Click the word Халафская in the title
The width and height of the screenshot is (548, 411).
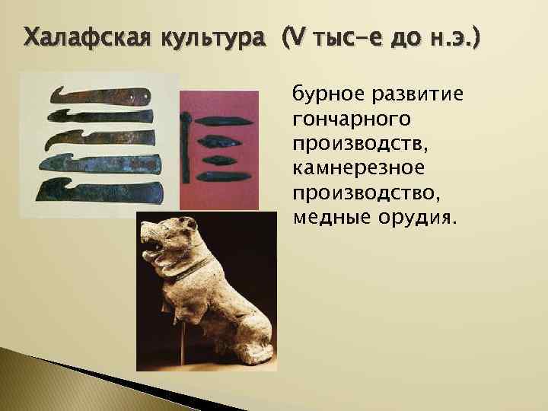[83, 36]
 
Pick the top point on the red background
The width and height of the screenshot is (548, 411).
[221, 122]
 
